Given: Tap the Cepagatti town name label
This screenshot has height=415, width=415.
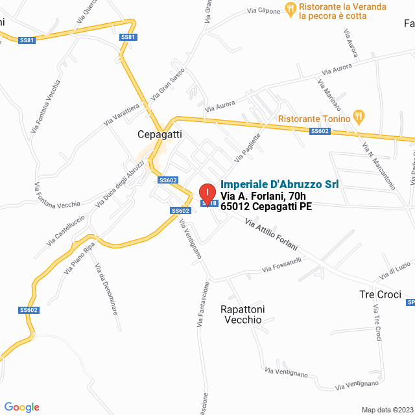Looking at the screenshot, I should click(160, 134).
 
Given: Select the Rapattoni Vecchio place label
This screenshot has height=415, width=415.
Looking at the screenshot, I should click(243, 314).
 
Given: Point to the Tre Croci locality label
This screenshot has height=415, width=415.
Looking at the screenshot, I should click(381, 294).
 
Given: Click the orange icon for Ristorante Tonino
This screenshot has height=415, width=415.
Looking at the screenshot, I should click(359, 117).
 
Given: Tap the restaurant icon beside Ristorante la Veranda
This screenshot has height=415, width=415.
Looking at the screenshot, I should click(290, 8).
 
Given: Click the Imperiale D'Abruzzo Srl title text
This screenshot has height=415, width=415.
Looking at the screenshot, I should click(279, 184).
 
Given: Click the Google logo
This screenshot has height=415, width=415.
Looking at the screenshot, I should click(21, 407).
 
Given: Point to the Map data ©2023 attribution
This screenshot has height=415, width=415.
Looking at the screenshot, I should click(386, 409).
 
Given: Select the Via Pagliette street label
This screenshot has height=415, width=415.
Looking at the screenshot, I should click(248, 148).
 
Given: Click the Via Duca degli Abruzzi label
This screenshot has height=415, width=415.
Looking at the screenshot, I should click(120, 183).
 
